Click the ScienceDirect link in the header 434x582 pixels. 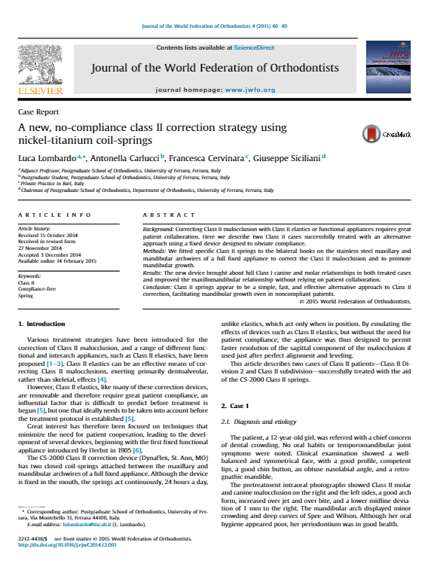(255, 48)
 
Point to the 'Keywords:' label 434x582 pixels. (29, 276)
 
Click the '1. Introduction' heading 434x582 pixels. (41, 344)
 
